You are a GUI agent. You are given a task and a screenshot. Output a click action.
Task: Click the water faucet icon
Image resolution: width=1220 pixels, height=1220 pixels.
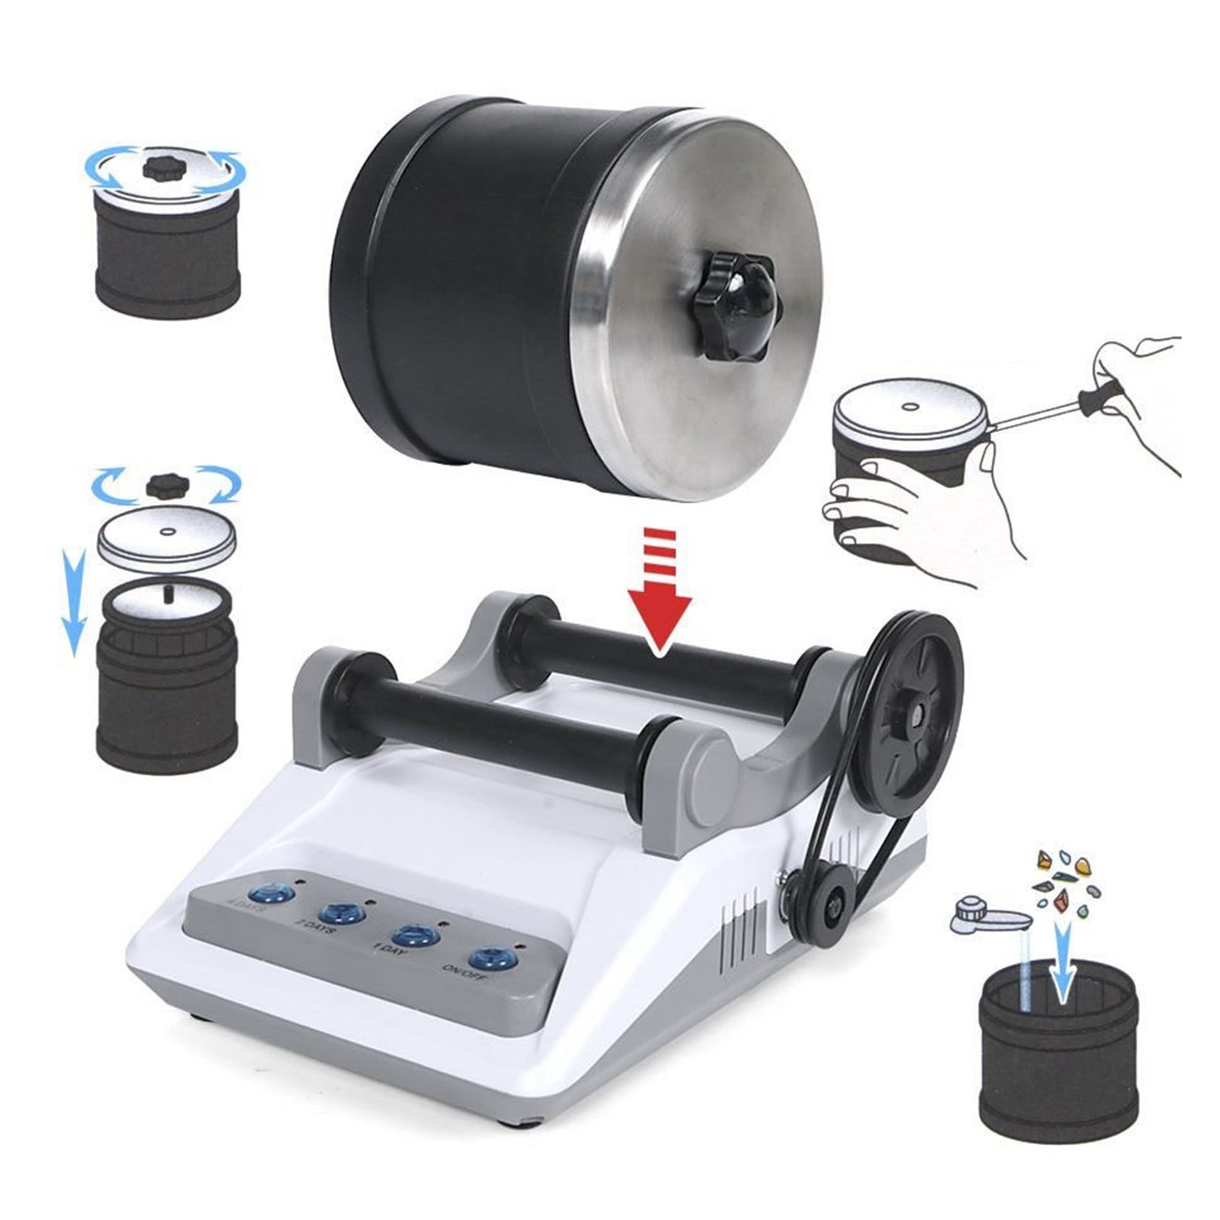984,915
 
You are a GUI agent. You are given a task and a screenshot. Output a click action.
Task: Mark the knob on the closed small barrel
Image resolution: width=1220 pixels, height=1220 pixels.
162,169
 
